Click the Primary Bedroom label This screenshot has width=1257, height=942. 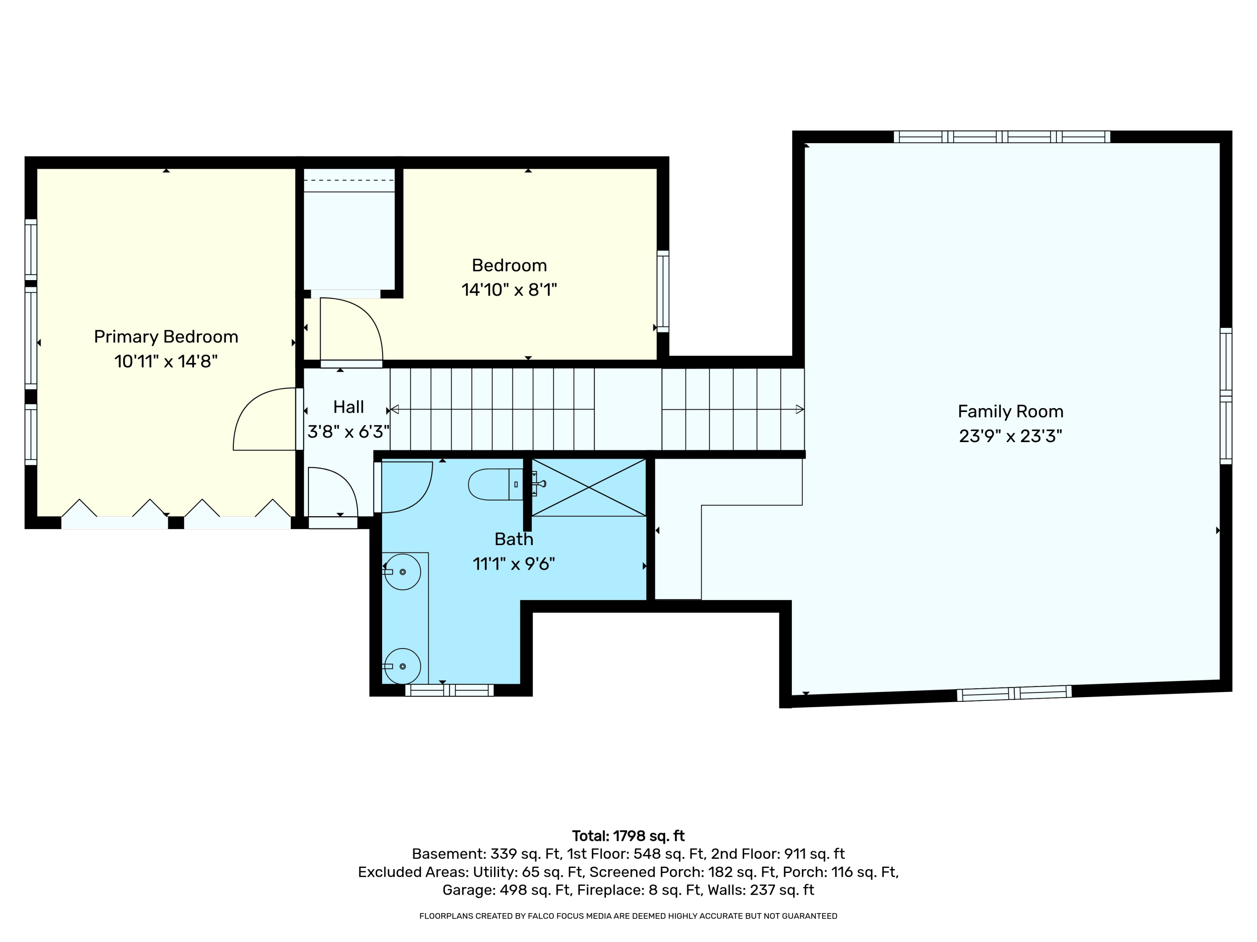[x=166, y=337]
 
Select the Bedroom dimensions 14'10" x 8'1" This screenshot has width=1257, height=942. [x=509, y=290]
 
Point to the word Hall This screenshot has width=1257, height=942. [x=348, y=407]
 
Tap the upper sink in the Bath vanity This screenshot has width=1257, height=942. [x=402, y=572]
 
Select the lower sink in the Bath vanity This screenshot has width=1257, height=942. [x=402, y=666]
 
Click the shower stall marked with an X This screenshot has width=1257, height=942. [x=589, y=487]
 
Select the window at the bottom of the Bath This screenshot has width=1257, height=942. [x=449, y=690]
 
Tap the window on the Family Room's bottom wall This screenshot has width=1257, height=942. [x=1014, y=693]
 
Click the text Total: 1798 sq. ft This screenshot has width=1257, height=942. [x=628, y=836]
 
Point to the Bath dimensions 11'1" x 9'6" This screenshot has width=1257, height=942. [x=514, y=564]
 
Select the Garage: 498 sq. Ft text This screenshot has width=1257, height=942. [x=507, y=890]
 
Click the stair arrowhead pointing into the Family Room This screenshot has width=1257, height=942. [x=799, y=409]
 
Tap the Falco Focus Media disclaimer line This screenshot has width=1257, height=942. [x=628, y=916]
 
